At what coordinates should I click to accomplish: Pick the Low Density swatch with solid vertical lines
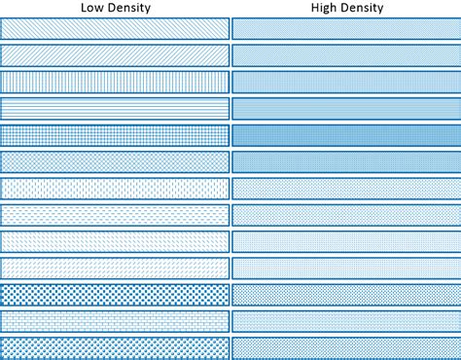click(115, 82)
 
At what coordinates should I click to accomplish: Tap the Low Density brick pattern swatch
click(115, 320)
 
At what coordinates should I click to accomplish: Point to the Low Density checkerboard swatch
click(115, 294)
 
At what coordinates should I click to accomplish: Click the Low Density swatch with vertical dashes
click(115, 188)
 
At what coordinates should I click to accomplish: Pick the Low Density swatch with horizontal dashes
click(115, 214)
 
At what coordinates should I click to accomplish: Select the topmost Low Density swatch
click(115, 29)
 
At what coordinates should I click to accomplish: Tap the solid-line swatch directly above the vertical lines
click(115, 55)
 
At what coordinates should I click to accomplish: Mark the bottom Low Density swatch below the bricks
click(115, 346)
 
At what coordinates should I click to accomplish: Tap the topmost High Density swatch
click(345, 29)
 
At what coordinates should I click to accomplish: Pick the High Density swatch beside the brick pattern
click(345, 320)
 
